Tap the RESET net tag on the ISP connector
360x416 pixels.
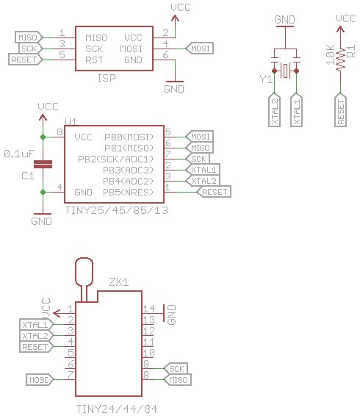coord(24,59)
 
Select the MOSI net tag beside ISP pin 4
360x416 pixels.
coord(201,48)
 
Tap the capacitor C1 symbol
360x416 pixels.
coord(43,165)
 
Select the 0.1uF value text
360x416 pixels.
coord(18,154)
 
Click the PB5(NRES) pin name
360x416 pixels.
coord(128,191)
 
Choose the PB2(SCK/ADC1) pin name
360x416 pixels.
coord(126,159)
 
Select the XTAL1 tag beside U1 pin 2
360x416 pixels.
coord(204,170)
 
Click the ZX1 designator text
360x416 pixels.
coord(118,281)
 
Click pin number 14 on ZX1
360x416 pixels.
coord(148,309)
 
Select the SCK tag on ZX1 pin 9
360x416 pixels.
coord(176,368)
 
